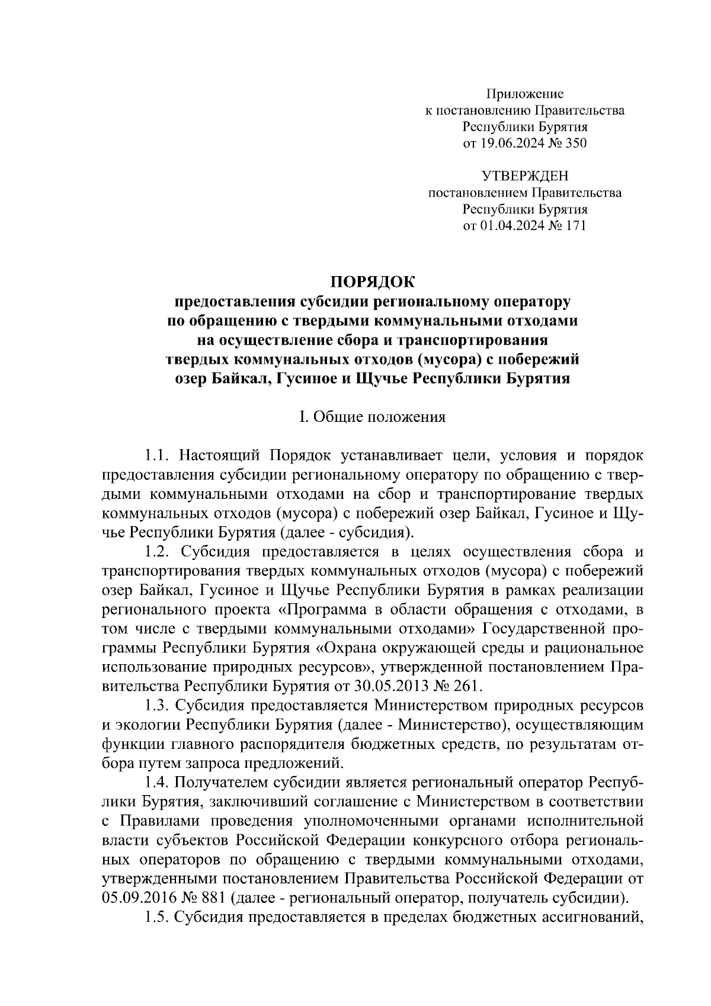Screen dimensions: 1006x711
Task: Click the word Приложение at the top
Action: [524, 94]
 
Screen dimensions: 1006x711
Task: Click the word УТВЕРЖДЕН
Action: [524, 176]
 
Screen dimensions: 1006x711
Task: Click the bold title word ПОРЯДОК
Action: [373, 280]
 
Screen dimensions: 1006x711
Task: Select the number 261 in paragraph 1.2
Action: [469, 687]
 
